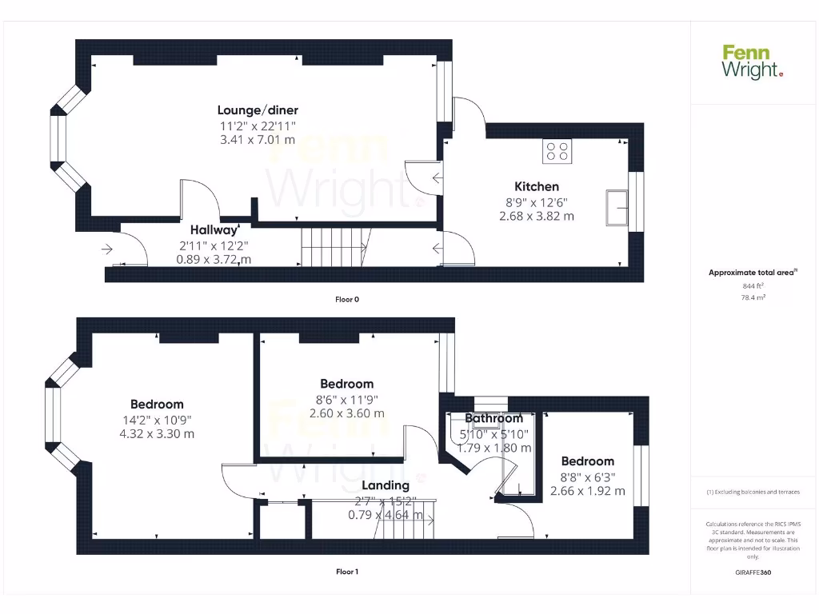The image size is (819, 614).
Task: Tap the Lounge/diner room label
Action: (x=258, y=110)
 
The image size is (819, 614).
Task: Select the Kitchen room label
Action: (x=537, y=187)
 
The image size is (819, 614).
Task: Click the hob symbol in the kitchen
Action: (x=557, y=151)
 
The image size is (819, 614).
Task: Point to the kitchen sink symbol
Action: (x=617, y=206)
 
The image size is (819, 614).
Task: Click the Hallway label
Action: (x=213, y=230)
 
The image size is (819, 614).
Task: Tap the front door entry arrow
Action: (x=108, y=249)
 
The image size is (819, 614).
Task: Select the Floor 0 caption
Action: (x=347, y=300)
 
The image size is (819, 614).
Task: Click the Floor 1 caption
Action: (x=347, y=572)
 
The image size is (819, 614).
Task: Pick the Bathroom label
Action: (x=493, y=418)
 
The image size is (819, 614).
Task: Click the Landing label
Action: (x=386, y=485)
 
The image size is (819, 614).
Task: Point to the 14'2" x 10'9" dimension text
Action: (x=158, y=420)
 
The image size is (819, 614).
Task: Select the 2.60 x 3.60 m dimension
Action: (x=347, y=413)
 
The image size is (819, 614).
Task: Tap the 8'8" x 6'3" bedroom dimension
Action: (x=588, y=476)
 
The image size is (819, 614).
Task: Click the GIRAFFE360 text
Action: (x=753, y=572)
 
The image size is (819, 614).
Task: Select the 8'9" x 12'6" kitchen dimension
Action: (x=537, y=202)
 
